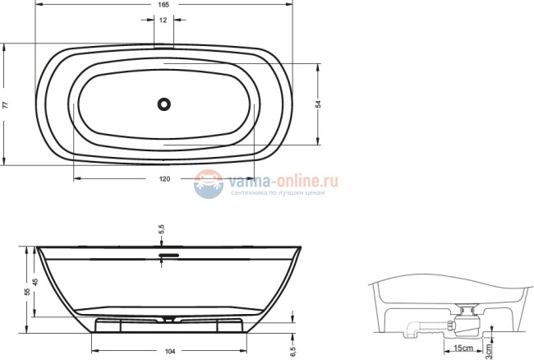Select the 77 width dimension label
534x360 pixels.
click(x=5, y=104)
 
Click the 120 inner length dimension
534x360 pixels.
click(x=164, y=178)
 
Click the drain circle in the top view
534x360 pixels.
click(x=164, y=104)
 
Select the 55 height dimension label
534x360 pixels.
click(x=27, y=291)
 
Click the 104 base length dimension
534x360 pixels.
click(x=169, y=351)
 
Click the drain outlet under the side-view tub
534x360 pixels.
click(x=168, y=317)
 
